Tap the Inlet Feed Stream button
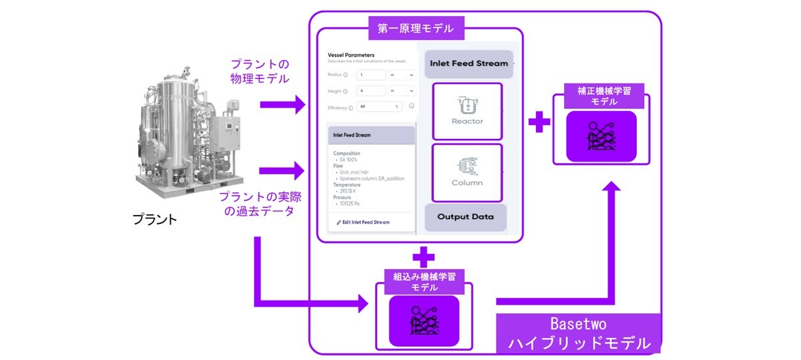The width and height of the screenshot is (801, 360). point(469,63)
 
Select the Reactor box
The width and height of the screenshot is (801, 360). point(467,111)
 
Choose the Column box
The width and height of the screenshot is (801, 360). point(467,172)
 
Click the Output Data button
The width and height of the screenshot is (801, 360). point(465,217)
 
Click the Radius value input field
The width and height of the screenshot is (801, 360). point(371,75)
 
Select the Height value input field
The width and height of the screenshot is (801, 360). point(371,90)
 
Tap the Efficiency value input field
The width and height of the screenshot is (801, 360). point(379,106)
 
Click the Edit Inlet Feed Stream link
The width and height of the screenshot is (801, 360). point(363,222)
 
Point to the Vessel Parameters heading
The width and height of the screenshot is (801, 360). point(351,55)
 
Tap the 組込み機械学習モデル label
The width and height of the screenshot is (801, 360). point(425,282)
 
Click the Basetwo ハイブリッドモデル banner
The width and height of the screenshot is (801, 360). point(578,333)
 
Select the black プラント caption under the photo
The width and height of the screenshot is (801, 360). point(154,219)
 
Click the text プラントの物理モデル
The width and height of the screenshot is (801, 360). point(260,71)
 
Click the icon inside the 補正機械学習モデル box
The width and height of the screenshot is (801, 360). point(601,136)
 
